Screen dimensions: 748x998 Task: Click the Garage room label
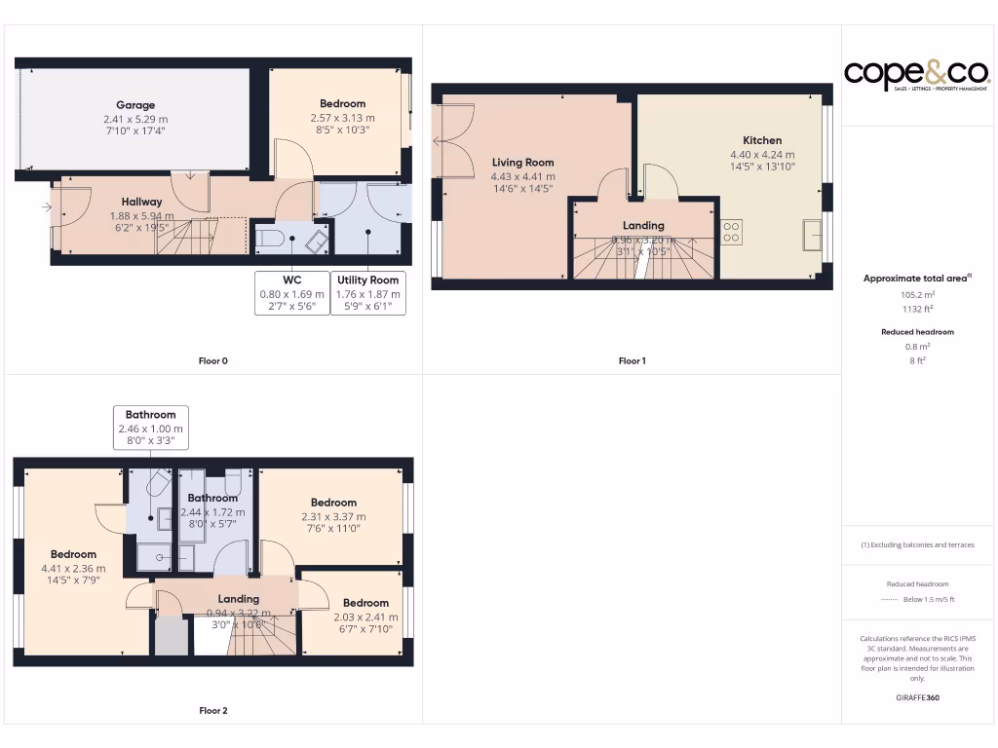[135, 105]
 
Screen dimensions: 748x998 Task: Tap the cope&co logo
[916, 74]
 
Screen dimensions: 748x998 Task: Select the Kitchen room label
[762, 140]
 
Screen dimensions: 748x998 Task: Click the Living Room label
[522, 163]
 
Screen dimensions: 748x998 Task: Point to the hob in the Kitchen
[731, 232]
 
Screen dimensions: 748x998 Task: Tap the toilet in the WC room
[272, 238]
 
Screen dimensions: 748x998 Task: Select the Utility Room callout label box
[368, 293]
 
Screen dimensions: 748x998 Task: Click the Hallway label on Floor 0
[141, 202]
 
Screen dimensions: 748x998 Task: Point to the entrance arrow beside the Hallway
[46, 206]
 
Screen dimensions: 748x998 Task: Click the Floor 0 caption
[213, 361]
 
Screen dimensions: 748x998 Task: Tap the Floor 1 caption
[632, 361]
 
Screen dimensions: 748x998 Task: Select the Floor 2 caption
[213, 711]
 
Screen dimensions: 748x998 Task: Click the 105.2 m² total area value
[916, 293]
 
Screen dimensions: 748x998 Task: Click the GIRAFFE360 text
[916, 698]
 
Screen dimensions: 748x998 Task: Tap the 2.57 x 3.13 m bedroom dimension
[342, 118]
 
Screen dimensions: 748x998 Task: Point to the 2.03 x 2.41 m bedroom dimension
[365, 617]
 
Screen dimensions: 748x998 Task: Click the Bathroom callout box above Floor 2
[150, 428]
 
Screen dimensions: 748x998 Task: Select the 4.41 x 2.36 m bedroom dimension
[73, 569]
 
